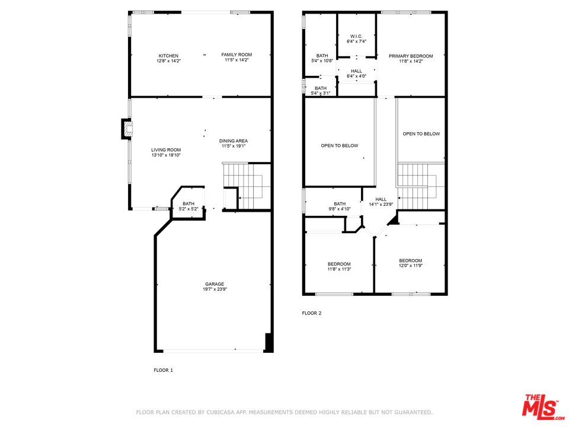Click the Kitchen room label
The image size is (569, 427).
(x=168, y=56)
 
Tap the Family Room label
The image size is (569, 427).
(x=236, y=55)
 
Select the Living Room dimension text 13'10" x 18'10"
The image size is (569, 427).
(x=165, y=155)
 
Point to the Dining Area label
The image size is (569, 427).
(x=233, y=141)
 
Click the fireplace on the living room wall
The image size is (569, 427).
(x=126, y=129)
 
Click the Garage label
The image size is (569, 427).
(x=215, y=284)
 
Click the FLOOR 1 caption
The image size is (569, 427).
(x=164, y=369)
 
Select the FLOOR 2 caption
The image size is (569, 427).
(x=312, y=313)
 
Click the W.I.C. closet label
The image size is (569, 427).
(x=356, y=37)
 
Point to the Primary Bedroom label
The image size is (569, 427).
(x=411, y=56)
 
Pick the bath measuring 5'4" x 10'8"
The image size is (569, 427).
(x=322, y=58)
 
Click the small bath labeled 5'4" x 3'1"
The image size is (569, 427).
(x=321, y=91)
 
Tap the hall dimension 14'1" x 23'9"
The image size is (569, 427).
(x=381, y=205)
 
